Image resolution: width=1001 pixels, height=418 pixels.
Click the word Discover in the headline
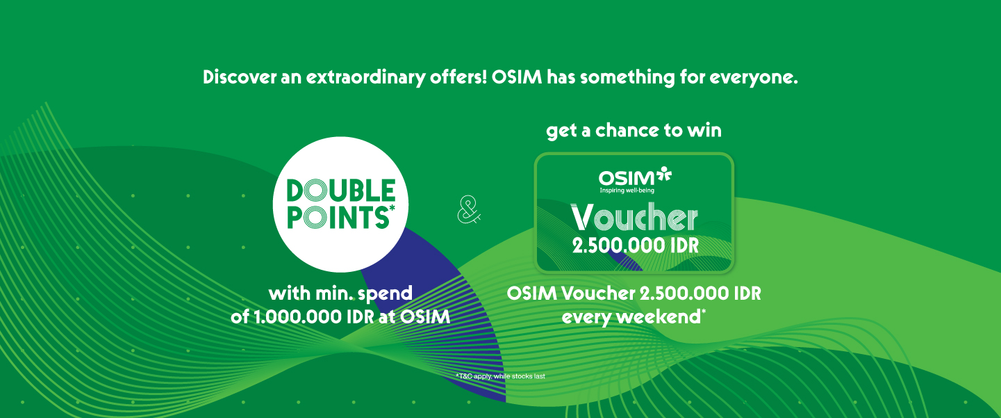(x=240, y=77)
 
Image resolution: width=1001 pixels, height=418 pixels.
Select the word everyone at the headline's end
(x=754, y=78)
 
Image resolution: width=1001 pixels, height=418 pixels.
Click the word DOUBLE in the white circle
(x=341, y=190)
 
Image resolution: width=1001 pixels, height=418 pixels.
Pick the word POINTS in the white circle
(x=338, y=218)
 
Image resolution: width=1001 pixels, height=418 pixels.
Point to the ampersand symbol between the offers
(x=469, y=209)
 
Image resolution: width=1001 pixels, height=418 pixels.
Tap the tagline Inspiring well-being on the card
(x=627, y=191)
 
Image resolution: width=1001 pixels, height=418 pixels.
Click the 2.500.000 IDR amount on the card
(x=636, y=246)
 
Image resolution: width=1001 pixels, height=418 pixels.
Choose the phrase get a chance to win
(x=634, y=131)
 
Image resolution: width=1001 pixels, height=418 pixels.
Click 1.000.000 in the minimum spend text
(x=299, y=317)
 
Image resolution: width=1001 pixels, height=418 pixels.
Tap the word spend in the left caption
(x=386, y=294)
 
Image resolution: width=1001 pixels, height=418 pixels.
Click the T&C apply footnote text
(x=500, y=376)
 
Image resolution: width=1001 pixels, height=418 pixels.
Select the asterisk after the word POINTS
(x=392, y=208)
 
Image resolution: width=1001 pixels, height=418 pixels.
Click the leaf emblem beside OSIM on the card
(x=664, y=173)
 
